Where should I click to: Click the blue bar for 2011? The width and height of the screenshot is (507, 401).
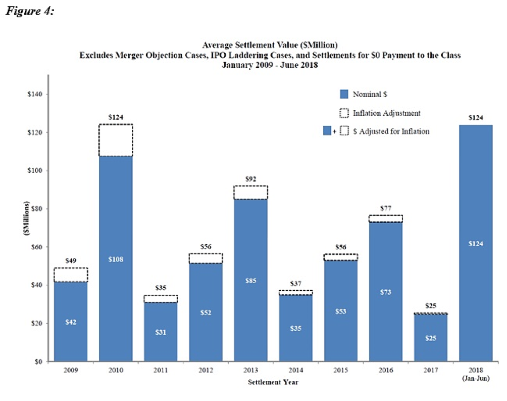click(161, 332)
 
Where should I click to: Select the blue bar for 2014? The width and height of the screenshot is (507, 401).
click(296, 328)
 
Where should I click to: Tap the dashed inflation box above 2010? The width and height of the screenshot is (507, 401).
click(116, 140)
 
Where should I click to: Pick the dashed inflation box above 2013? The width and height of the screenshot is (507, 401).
click(251, 193)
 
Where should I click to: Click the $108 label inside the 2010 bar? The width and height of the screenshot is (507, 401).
click(116, 259)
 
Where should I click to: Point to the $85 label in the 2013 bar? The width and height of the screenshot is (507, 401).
click(251, 281)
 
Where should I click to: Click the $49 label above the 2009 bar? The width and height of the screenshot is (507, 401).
click(71, 261)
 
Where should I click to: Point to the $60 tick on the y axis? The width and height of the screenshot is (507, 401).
click(38, 247)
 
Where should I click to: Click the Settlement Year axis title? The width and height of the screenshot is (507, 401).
click(273, 382)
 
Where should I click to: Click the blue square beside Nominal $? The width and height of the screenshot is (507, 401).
click(344, 94)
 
